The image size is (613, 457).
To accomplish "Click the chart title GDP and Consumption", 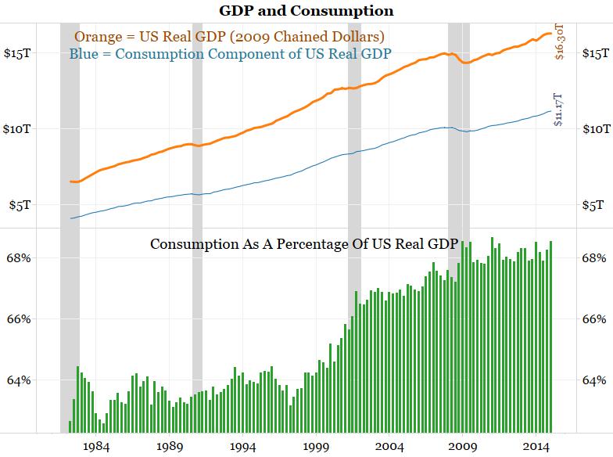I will [306, 11].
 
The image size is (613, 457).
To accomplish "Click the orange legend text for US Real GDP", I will [230, 37].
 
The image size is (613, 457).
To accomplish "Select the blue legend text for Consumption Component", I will [231, 54].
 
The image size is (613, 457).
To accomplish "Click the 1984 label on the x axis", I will [96, 446].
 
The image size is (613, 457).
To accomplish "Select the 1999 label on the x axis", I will [316, 446].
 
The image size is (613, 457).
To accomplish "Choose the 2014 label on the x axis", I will [535, 446].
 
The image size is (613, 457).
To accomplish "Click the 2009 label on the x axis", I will [462, 446].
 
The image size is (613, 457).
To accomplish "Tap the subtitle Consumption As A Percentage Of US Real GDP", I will [303, 244].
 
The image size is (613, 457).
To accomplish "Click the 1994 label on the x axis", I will [242, 446].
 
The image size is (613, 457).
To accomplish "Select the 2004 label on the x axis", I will [389, 446].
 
